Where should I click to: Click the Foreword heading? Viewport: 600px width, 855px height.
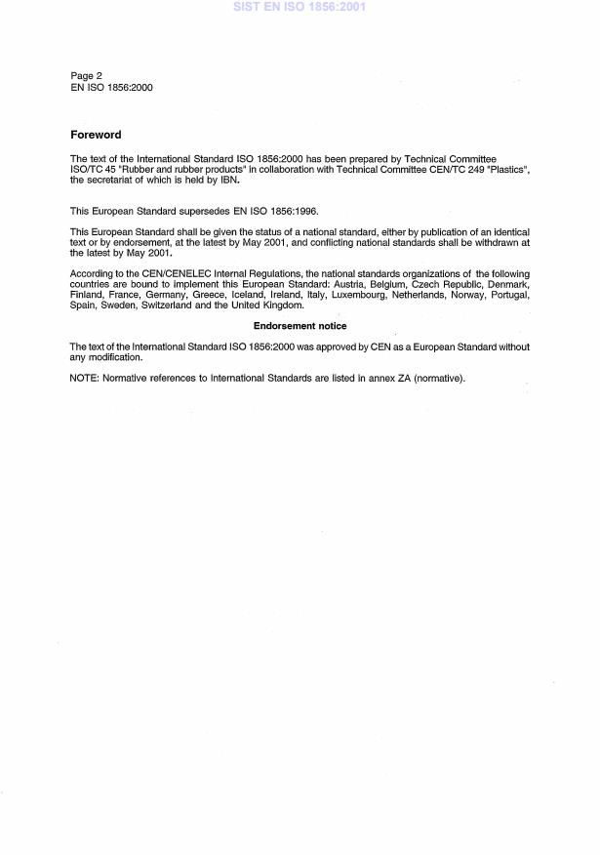pos(96,135)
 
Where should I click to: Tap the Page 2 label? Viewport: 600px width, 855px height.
pos(86,76)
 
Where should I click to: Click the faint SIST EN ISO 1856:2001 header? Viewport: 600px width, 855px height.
pos(300,7)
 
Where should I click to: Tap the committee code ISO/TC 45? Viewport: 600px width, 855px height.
pos(94,170)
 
